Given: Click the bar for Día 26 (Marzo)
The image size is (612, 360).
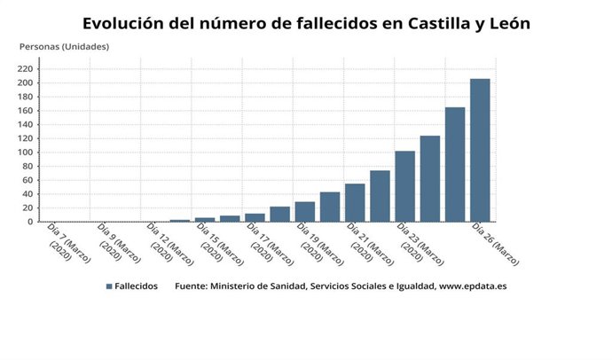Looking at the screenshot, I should (480, 150).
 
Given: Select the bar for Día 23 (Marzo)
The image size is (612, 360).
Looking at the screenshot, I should (404, 186).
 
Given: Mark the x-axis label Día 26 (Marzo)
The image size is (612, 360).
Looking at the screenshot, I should (495, 244).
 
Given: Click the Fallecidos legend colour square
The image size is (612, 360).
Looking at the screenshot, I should (109, 286).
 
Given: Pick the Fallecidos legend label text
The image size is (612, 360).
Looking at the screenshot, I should (137, 286).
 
